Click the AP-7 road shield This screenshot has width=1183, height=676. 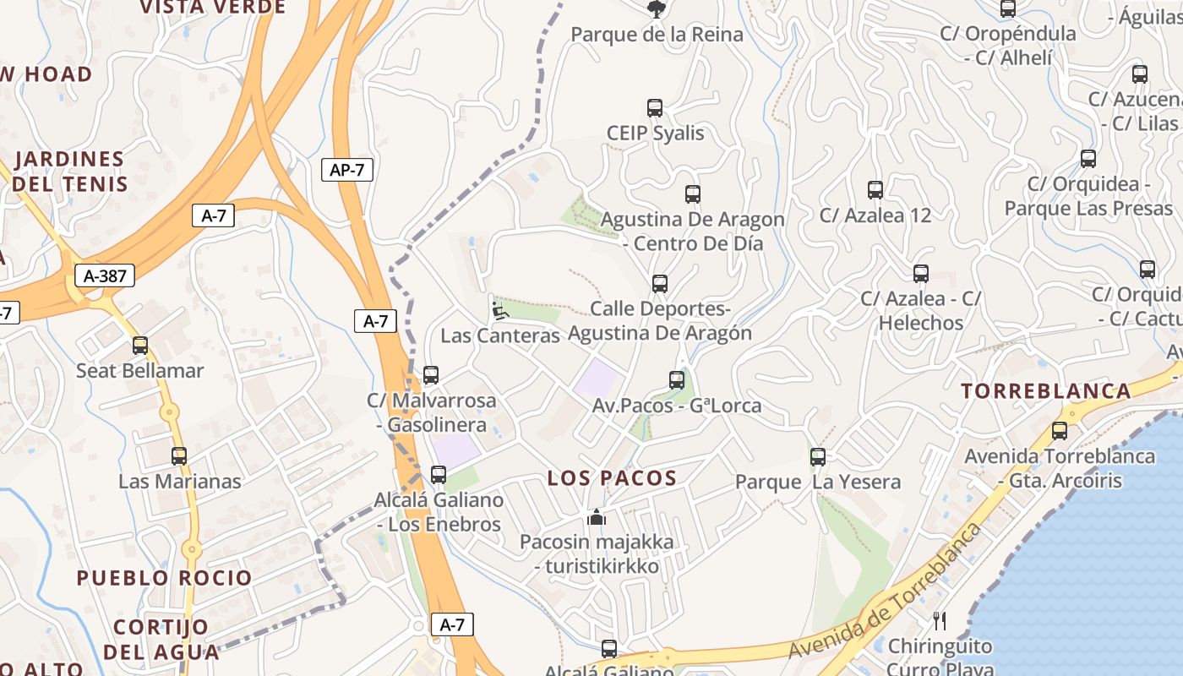(x=347, y=170)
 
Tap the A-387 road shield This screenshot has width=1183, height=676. (x=106, y=275)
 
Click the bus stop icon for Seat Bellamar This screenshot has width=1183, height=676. (x=140, y=346)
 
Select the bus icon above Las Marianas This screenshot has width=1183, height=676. (x=179, y=456)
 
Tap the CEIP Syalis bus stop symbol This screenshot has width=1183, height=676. (x=655, y=108)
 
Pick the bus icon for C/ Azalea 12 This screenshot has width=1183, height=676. (x=875, y=190)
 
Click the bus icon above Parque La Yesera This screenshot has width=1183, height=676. (x=818, y=457)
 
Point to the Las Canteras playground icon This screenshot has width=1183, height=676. (x=499, y=311)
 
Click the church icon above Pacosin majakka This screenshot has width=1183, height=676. (x=597, y=516)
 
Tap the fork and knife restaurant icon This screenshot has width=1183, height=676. (x=940, y=621)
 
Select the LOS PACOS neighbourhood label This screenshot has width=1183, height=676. (x=612, y=478)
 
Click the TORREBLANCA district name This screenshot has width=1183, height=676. (x=1046, y=391)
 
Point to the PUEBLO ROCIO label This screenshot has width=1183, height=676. (x=165, y=578)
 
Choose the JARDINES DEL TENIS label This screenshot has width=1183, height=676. (x=71, y=172)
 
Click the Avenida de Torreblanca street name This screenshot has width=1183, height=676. (x=886, y=591)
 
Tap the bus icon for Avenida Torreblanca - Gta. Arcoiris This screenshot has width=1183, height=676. (x=1060, y=431)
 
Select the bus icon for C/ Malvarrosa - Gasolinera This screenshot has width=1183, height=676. (x=431, y=375)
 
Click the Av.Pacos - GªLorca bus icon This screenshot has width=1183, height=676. (x=677, y=380)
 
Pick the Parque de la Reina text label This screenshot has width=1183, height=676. (x=657, y=35)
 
